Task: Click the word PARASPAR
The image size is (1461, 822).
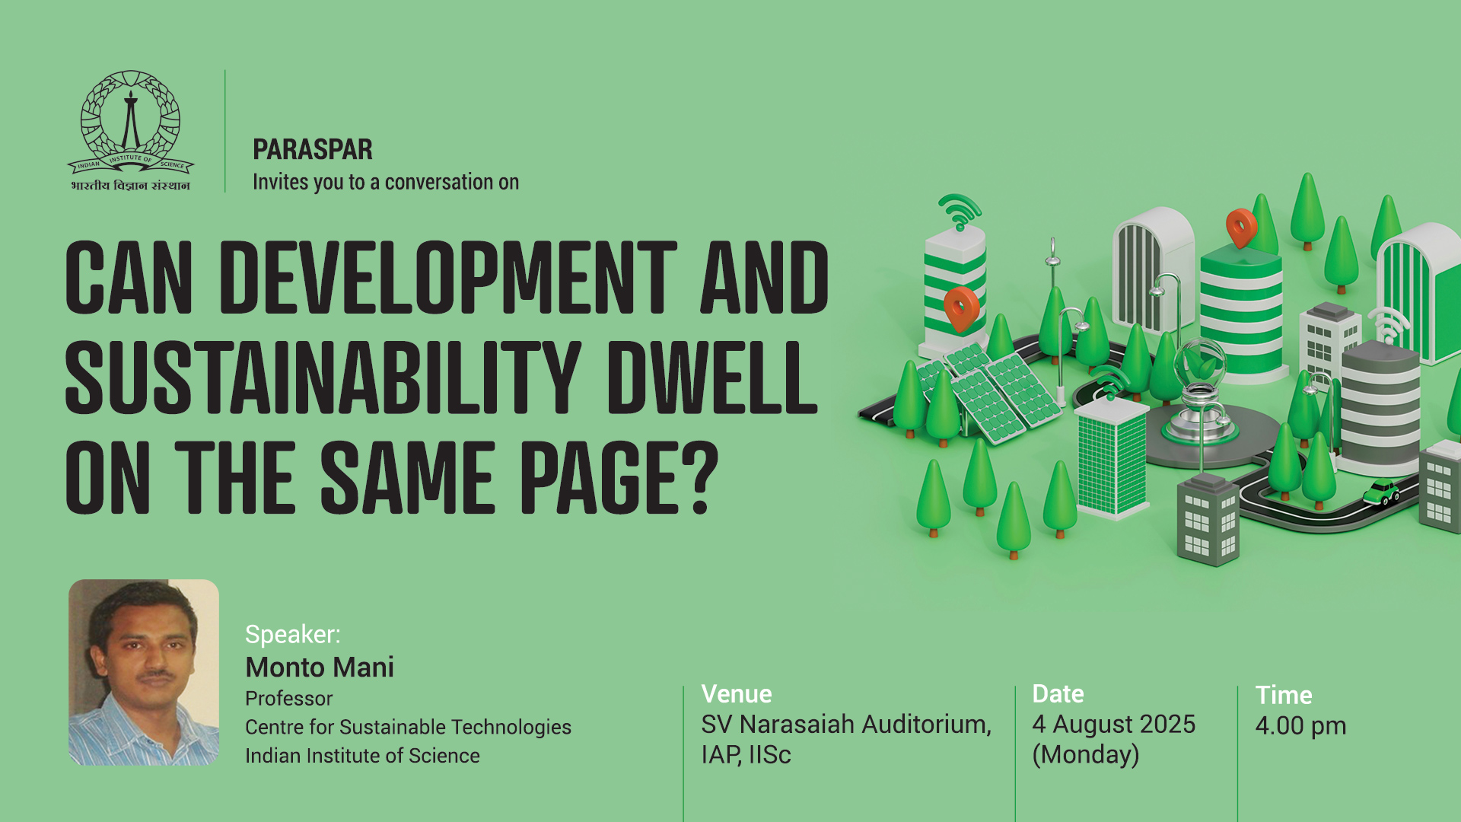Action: [313, 149]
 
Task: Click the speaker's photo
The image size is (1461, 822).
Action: [144, 672]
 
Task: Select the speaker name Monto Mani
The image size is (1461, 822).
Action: [320, 667]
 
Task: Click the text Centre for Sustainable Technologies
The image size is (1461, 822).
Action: [408, 728]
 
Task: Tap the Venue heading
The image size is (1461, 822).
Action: [737, 693]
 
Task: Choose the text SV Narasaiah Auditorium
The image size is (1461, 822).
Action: [846, 725]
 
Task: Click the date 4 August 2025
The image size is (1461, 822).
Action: [1114, 725]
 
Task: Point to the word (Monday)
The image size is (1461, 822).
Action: [1086, 755]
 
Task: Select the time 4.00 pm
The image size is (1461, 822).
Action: [1301, 726]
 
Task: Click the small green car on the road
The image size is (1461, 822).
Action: [1381, 492]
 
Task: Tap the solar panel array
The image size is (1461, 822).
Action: [989, 392]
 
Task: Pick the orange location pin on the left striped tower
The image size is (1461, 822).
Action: [961, 308]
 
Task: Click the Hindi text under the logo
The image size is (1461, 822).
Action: [130, 186]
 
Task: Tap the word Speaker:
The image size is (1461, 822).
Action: [293, 635]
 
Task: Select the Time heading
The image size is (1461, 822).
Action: [1284, 695]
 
